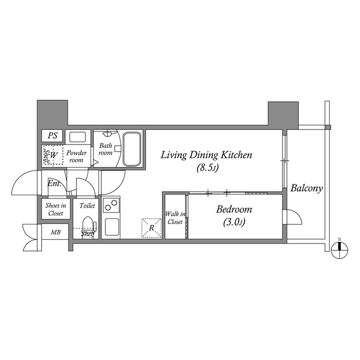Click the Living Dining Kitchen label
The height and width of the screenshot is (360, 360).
tap(205, 155)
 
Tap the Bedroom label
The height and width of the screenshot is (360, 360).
tap(235, 209)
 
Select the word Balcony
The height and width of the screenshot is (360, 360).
tap(307, 188)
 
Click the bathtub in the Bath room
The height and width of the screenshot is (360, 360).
tap(132, 149)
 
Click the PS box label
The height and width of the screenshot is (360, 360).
tap(52, 136)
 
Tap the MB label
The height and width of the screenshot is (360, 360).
tap(56, 232)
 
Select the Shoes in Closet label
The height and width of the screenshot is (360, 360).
tap(55, 209)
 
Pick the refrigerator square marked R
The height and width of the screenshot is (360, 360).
tap(151, 228)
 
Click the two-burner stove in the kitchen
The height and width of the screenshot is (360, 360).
tap(111, 205)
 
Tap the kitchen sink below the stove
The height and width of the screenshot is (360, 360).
tap(111, 227)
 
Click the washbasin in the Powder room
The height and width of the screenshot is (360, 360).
tap(76, 136)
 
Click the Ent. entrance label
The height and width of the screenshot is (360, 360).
tap(53, 184)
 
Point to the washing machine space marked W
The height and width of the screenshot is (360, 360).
tap(52, 155)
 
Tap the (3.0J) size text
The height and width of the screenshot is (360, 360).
tap(235, 222)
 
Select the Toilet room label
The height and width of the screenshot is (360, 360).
tap(87, 206)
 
